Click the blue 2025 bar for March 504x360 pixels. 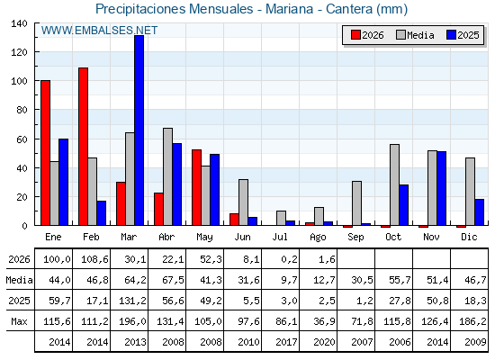tap(139, 130)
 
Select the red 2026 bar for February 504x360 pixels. tap(83, 146)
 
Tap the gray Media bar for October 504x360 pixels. tap(395, 184)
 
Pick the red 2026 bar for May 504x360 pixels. tap(197, 187)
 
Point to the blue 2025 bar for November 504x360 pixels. tap(441, 188)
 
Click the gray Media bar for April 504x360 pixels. tap(167, 176)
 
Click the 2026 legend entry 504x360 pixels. tap(367, 35)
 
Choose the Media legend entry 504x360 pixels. tap(415, 35)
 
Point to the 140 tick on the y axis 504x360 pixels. tap(19, 23)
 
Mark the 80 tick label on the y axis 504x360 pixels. tap(22, 110)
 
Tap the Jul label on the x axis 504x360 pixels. tap(280, 237)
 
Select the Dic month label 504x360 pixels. tap(469, 237)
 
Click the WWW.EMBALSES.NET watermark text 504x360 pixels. tap(99, 31)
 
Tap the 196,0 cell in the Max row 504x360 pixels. tap(132, 321)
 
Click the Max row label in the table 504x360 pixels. tap(19, 321)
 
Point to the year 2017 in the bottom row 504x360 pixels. tap(286, 342)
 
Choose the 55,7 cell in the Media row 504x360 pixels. tap(400, 280)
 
